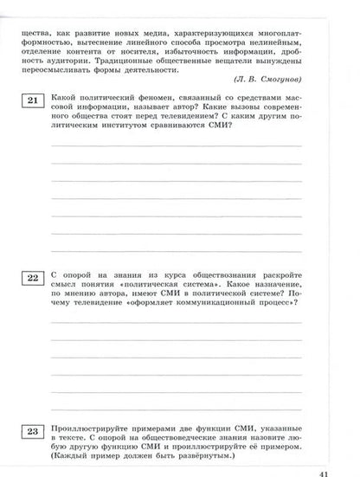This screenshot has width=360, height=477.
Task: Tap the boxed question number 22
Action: [x=30, y=277]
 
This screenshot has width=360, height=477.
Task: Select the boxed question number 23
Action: [x=30, y=430]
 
